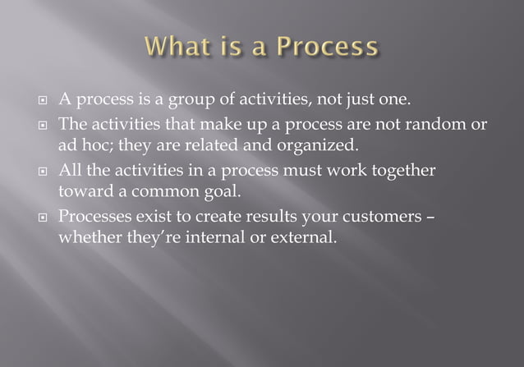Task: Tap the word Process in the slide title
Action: [327, 46]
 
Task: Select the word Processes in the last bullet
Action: [96, 218]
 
